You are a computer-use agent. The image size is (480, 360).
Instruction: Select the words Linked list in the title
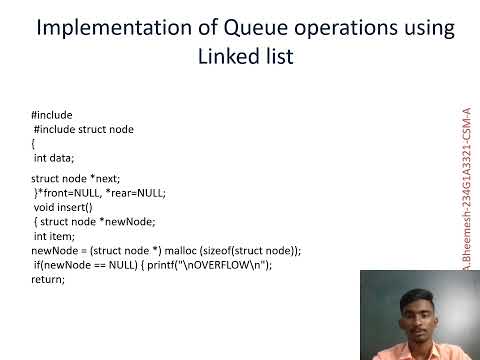[246, 57]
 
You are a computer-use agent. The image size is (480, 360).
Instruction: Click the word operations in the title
[337, 29]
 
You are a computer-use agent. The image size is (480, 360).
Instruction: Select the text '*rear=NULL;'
[134, 192]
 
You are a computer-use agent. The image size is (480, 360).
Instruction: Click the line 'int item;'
[52, 236]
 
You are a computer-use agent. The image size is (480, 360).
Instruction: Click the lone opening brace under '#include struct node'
[33, 143]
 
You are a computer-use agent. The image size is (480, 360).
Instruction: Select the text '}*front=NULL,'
[67, 192]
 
